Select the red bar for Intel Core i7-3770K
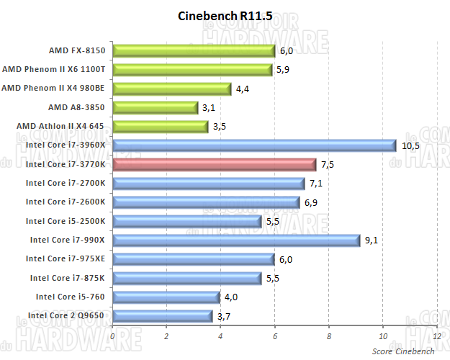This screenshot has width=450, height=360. [214, 164]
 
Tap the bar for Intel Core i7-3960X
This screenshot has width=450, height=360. [254, 145]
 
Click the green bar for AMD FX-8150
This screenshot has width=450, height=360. [194, 50]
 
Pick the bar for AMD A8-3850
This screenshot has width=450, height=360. [155, 107]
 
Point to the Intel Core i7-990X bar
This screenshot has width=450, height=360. [235, 240]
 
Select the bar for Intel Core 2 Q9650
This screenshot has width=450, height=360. [162, 315]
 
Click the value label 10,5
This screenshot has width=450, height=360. [410, 145]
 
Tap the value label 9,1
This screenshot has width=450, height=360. [372, 240]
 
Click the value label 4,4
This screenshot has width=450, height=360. [244, 89]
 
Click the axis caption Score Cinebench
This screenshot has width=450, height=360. [403, 351]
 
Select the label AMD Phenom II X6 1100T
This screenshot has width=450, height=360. [54, 70]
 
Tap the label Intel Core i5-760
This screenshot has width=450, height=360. [70, 297]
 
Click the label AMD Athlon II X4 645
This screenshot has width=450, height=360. [60, 126]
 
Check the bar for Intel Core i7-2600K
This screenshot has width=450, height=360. [206, 202]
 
